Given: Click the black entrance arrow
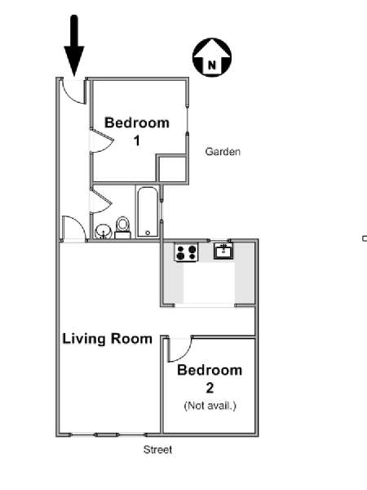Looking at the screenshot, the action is tap(74, 45).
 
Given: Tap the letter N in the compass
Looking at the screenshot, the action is tap(212, 65).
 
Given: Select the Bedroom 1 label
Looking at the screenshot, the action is tap(137, 131).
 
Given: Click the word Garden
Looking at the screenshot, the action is tap(223, 152).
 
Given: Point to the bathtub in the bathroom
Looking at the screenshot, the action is tap(148, 212).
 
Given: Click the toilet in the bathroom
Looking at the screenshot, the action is tap(122, 228).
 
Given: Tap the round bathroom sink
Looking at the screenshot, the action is tap(104, 232).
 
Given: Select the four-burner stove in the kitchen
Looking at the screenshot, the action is tap(186, 252).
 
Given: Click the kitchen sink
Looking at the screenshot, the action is tap(223, 251).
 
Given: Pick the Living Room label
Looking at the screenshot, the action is tap(108, 339).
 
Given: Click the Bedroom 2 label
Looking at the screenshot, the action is tap(210, 379).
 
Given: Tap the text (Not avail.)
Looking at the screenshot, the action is tap(210, 406).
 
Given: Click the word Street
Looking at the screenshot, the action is tap(157, 450).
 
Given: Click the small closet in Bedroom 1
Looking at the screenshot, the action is tap(171, 168).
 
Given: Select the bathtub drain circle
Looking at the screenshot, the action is tap(148, 233).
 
